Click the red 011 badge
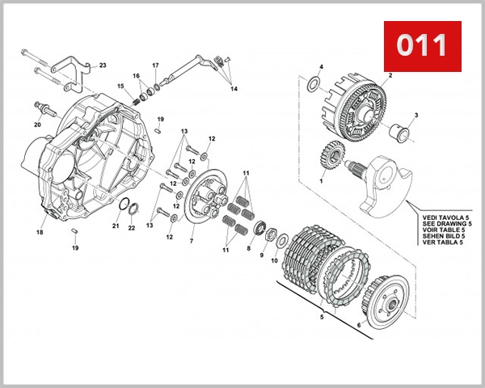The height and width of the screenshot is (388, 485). pyautogui.click(x=420, y=45)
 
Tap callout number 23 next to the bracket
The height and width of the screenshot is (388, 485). pyautogui.click(x=103, y=65)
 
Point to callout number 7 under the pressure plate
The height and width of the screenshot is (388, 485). pyautogui.click(x=192, y=241)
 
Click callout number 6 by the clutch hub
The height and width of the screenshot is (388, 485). pyautogui.click(x=357, y=326)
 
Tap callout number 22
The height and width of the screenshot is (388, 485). pyautogui.click(x=132, y=228)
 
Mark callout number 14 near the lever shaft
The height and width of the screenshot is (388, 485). pyautogui.click(x=234, y=88)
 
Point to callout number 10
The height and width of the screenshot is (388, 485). pyautogui.click(x=273, y=260)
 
